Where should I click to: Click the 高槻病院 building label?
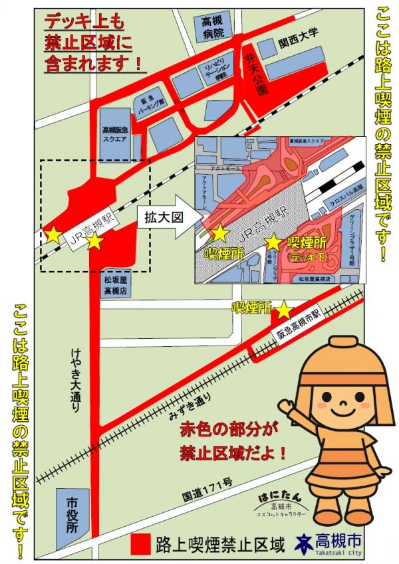click(x=212, y=27)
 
